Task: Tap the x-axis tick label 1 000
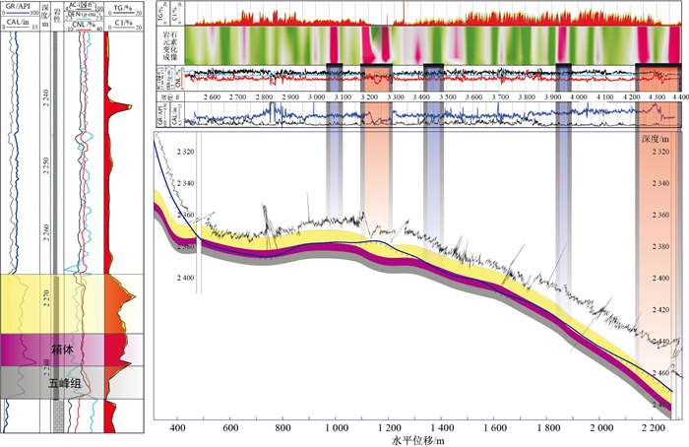[x=337, y=429]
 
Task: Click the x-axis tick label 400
[x=178, y=429]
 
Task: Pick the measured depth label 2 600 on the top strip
[x=210, y=97]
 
